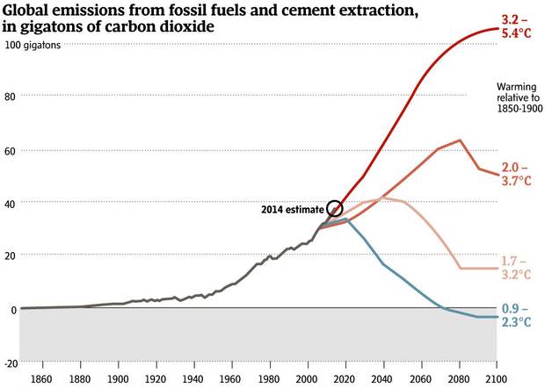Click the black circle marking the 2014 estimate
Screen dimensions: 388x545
[x=334, y=208]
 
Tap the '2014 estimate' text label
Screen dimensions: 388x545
[x=292, y=210]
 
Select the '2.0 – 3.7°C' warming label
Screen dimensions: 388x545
[x=516, y=174]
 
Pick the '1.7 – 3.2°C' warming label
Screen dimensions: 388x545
[x=516, y=268]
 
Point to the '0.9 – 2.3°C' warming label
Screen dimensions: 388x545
[x=516, y=315]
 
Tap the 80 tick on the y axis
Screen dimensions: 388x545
[x=11, y=95]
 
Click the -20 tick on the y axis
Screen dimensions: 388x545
[x=11, y=363]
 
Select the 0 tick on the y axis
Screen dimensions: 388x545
[x=13, y=310]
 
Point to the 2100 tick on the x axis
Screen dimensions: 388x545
[x=497, y=378]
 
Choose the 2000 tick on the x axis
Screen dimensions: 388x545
[x=308, y=378]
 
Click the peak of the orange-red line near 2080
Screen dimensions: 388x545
[x=460, y=140]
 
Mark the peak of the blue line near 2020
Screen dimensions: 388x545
[x=346, y=219]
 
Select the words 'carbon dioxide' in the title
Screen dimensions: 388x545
[x=166, y=27]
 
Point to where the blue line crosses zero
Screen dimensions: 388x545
[x=440, y=308]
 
